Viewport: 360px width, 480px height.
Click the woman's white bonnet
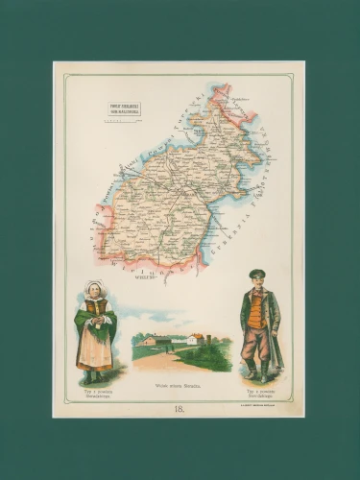(x=94, y=287)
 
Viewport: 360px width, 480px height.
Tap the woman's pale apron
(x=94, y=349)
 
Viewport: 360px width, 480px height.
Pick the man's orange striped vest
(x=255, y=310)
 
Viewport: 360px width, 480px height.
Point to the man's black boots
(x=257, y=372)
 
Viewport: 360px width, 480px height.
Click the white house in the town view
(x=195, y=339)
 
